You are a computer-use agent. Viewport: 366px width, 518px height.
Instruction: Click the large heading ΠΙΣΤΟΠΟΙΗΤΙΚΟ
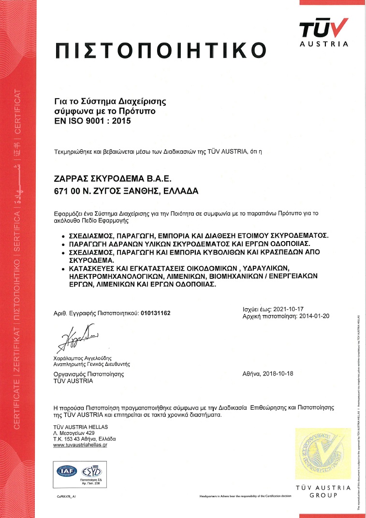point(161,50)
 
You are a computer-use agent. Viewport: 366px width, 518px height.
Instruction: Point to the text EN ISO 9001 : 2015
point(92,121)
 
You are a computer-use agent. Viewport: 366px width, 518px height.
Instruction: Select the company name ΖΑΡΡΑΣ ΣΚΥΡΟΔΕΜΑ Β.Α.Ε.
point(112,179)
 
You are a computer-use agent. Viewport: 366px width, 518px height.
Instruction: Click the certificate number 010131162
point(155,313)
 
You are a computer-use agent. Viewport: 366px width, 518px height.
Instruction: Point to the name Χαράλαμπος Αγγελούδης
point(82,358)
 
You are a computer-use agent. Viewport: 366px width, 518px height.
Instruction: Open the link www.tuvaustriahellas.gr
point(80,445)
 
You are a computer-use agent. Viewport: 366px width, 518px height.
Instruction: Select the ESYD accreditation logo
point(90,470)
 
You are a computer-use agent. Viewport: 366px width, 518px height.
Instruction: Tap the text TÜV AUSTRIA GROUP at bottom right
point(323,491)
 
